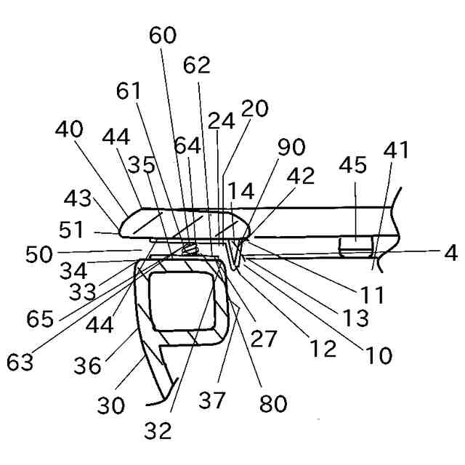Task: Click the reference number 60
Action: click(x=163, y=36)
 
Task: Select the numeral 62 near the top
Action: click(x=196, y=65)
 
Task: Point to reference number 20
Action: click(x=255, y=109)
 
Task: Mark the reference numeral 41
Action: click(x=395, y=151)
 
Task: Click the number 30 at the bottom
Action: click(x=111, y=405)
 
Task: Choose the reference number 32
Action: click(x=157, y=430)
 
